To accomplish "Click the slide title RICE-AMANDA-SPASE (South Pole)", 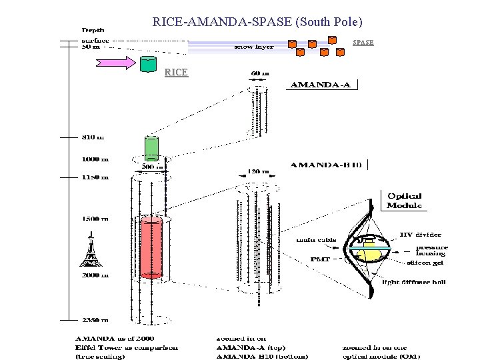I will click(257, 21).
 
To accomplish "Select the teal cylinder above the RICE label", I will click(149, 64).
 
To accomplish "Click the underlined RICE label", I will click(176, 72).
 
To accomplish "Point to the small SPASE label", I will click(363, 42).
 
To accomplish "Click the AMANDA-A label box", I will click(323, 85).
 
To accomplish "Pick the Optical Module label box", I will click(405, 201).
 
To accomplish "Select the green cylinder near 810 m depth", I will click(151, 147).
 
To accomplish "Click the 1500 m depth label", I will click(91, 219).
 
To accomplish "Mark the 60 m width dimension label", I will click(260, 73).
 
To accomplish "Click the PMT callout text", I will click(322, 259).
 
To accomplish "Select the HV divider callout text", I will click(420, 234).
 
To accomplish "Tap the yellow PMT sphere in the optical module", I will click(371, 253).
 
